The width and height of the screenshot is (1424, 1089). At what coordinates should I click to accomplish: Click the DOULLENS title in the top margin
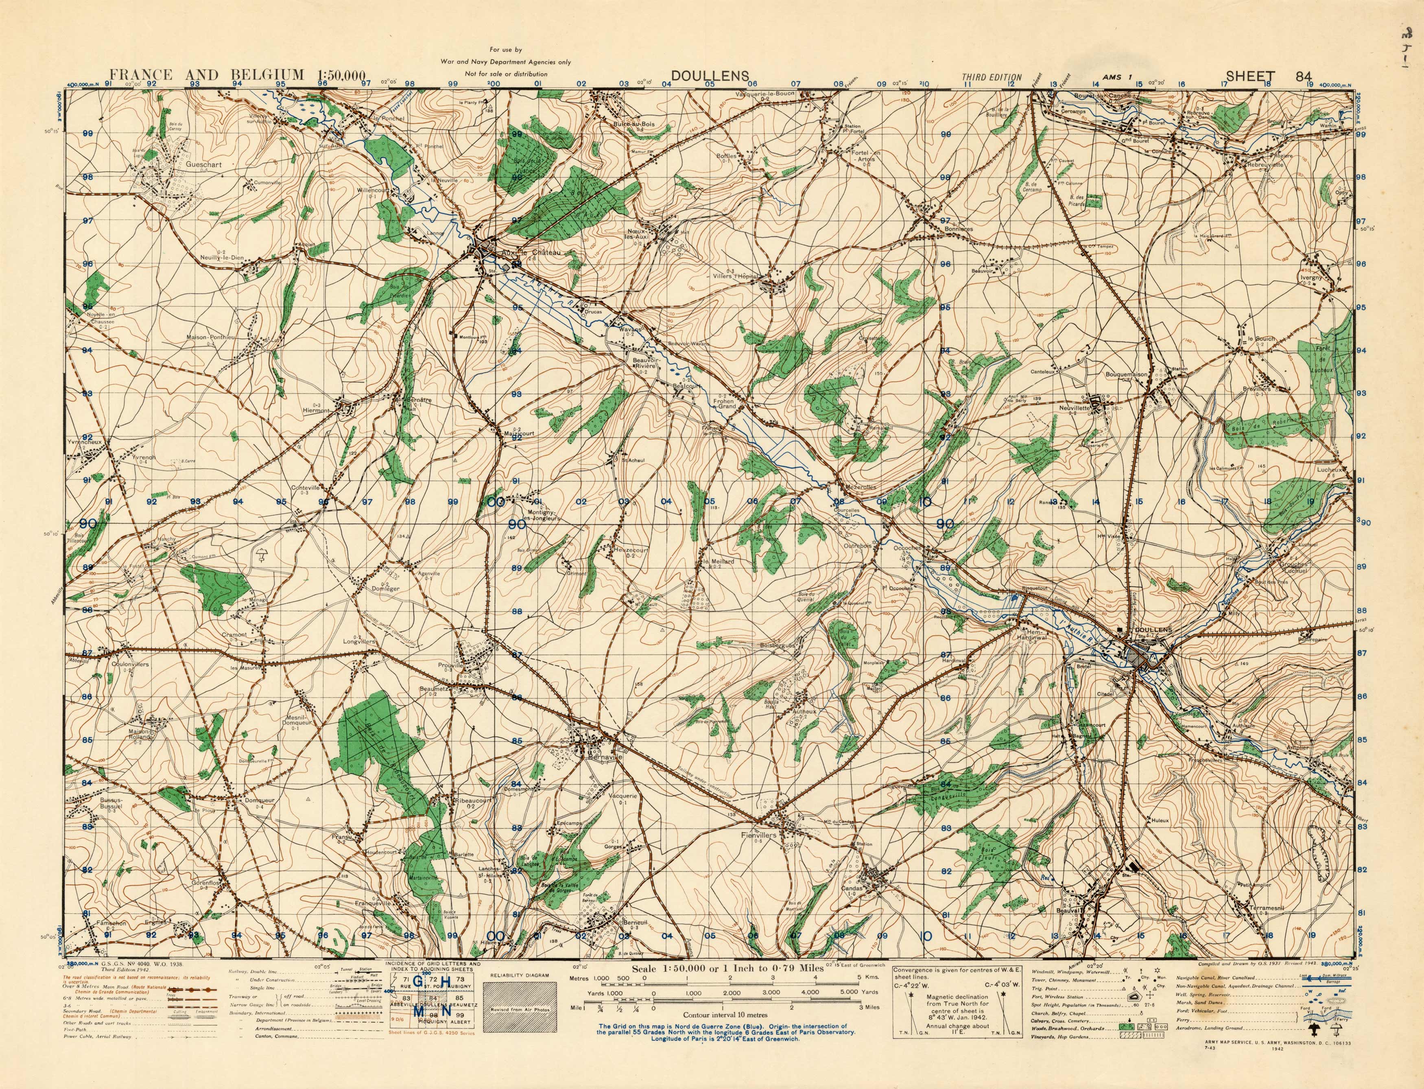pyautogui.click(x=710, y=76)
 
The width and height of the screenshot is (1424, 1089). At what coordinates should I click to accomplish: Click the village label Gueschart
pyautogui.click(x=203, y=165)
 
